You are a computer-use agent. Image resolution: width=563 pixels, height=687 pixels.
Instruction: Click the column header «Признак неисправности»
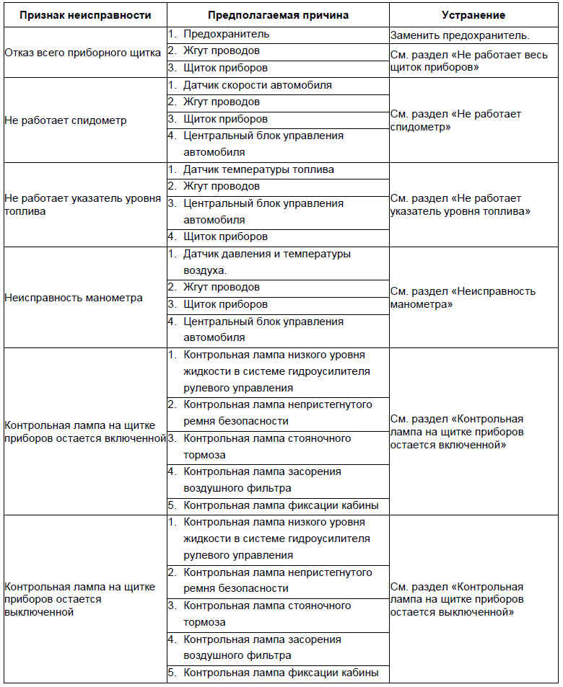(x=84, y=15)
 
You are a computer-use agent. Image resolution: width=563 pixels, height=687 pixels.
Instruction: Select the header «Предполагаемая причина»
(x=278, y=15)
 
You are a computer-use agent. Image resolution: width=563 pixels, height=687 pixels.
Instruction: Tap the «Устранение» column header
(x=473, y=15)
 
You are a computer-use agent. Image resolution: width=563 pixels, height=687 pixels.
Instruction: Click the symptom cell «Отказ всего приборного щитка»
(x=83, y=51)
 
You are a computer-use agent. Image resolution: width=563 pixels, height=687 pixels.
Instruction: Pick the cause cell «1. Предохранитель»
(x=226, y=34)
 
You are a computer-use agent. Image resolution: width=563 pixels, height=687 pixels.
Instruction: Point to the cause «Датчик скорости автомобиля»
(x=257, y=85)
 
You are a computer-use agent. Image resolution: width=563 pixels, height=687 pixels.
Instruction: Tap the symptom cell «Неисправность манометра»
(x=74, y=298)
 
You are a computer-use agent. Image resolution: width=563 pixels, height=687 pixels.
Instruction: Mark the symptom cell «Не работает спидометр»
(x=66, y=120)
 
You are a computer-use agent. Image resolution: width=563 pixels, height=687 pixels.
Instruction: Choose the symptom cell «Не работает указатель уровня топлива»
(x=83, y=205)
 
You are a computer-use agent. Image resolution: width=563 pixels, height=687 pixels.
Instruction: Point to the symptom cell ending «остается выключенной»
(x=79, y=599)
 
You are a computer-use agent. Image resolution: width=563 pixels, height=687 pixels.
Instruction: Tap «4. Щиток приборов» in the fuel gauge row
(x=225, y=236)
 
